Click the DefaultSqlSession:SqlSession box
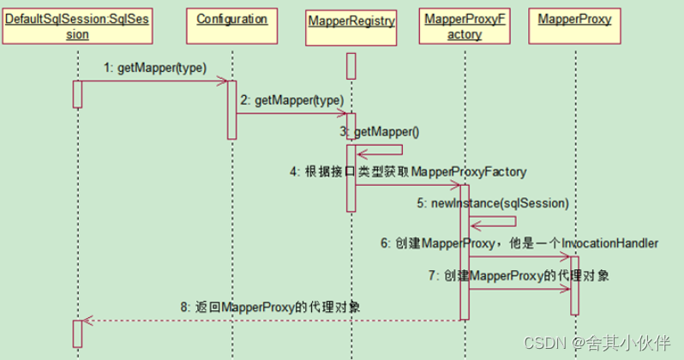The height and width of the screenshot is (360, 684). point(77,27)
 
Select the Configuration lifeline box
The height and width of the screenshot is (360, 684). point(231,20)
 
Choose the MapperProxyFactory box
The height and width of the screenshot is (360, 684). point(464,27)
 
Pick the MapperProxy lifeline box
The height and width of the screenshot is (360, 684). point(574,20)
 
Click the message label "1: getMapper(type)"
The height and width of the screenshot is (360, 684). point(155,68)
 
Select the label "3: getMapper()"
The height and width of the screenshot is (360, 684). point(381,131)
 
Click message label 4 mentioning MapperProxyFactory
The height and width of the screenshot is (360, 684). point(407,171)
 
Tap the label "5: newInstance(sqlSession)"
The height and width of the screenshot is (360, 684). point(493,203)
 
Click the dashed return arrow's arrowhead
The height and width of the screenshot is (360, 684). point(84,321)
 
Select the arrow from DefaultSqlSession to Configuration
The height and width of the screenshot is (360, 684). point(154,82)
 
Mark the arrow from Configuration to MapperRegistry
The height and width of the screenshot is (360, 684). point(291,113)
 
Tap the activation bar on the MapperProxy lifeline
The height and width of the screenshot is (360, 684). point(574,285)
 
